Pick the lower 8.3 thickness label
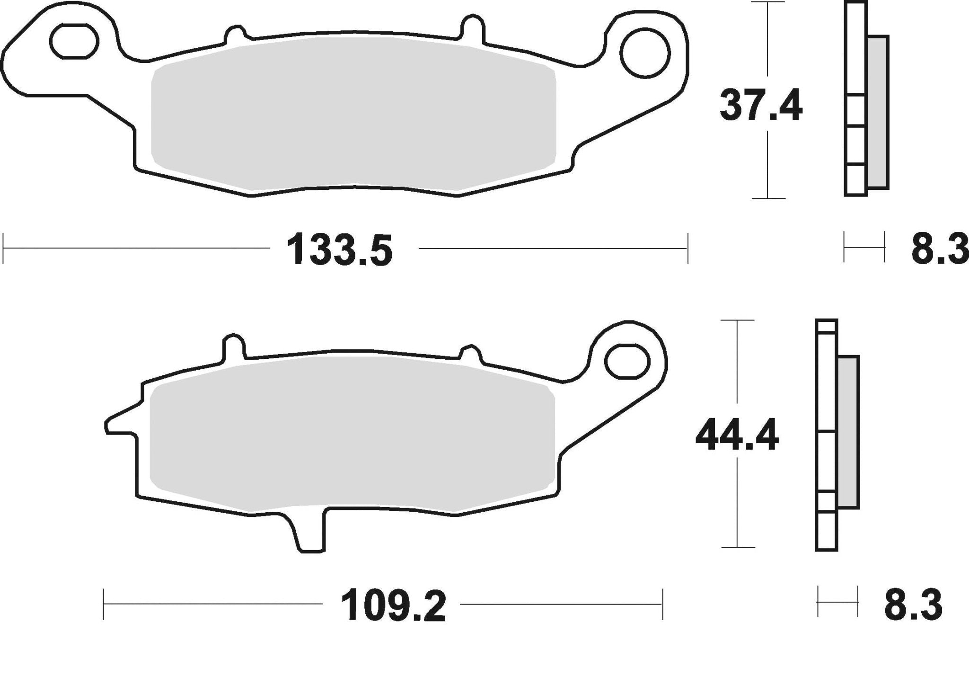click(913, 604)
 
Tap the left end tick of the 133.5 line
click(4, 248)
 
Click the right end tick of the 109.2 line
click(662, 604)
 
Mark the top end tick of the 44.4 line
click(737, 321)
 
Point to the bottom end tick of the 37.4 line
click(767, 198)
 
